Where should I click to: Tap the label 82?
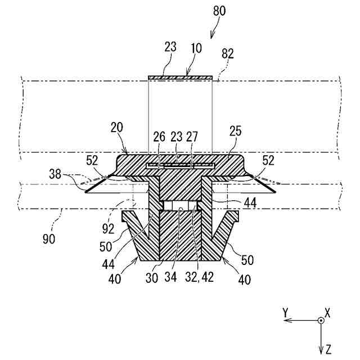click(228, 53)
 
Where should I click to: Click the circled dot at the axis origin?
click(320, 320)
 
